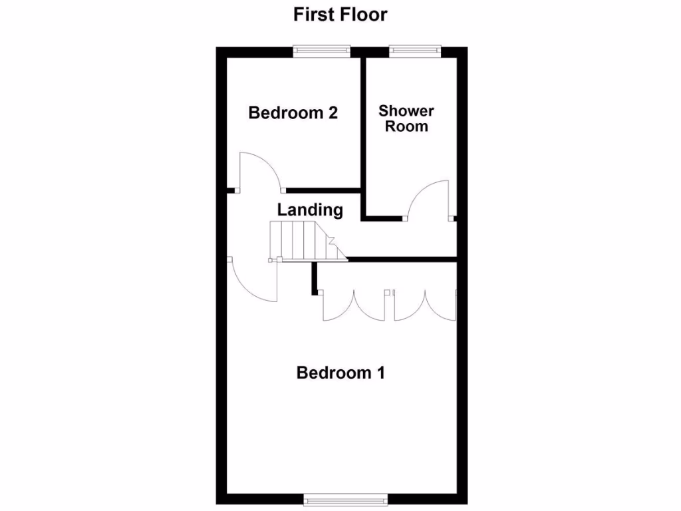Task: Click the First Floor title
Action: pos(340,15)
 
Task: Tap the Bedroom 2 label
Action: pos(293,113)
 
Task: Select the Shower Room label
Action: pos(406,118)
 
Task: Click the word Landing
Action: pos(310,210)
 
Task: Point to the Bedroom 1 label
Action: pos(340,373)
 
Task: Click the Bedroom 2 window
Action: pos(323,49)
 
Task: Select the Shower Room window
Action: pos(415,49)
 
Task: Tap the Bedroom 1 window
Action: pos(344,498)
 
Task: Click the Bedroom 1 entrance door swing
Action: pos(253,279)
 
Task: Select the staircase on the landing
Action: pos(303,241)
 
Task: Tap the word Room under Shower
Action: pos(406,126)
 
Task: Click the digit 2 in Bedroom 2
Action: pos(333,113)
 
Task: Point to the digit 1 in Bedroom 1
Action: pos(380,373)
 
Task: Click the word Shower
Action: pos(406,110)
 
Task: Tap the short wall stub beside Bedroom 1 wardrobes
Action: pos(313,278)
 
